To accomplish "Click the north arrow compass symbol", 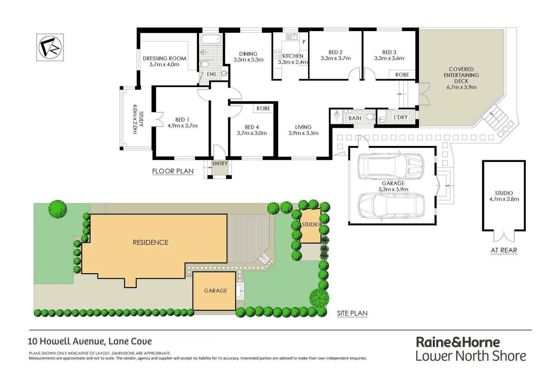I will (x=50, y=47).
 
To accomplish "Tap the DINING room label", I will (x=248, y=54).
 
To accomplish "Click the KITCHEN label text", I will (x=293, y=56).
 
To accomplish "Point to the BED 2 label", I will (x=335, y=52).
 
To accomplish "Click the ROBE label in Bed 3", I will (x=402, y=75).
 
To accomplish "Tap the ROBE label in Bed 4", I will (x=263, y=108).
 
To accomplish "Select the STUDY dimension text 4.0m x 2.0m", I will (x=135, y=119).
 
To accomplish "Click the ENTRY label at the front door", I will (x=220, y=163).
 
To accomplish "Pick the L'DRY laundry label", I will (x=401, y=117).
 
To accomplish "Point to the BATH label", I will (x=355, y=118).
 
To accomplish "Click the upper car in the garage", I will (x=391, y=166).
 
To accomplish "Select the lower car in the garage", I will (x=391, y=205).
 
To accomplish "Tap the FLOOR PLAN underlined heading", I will (x=173, y=171).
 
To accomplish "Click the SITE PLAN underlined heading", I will (x=352, y=313).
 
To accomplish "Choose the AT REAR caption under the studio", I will (x=504, y=250).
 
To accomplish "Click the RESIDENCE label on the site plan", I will (x=150, y=242).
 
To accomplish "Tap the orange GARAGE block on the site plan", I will (x=215, y=291).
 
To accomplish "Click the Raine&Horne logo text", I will (x=458, y=342).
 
